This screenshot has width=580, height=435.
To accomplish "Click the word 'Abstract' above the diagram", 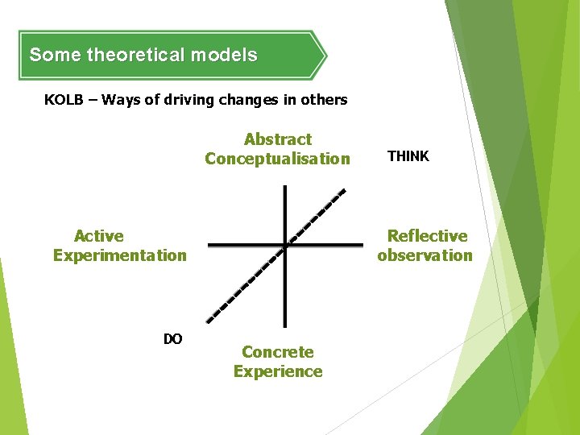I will [277, 139].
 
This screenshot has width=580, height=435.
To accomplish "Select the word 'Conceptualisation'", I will [277, 159].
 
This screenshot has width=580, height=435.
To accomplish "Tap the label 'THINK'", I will [408, 156].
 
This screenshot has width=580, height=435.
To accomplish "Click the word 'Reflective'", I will [427, 236].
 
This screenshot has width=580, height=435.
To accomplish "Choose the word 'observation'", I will [425, 255].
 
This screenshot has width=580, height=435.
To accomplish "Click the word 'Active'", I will [99, 236].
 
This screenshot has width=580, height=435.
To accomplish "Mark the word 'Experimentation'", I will [119, 255].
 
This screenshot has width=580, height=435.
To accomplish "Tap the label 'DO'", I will [172, 339].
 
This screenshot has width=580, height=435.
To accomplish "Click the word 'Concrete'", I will [278, 352].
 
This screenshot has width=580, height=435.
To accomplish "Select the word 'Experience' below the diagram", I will [278, 371].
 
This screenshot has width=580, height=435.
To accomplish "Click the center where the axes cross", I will [285, 244].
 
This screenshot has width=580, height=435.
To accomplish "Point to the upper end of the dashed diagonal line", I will [344, 191].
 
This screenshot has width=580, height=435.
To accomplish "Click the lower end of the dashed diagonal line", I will [209, 321].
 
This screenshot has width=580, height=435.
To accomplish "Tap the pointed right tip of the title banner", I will [325, 56].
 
